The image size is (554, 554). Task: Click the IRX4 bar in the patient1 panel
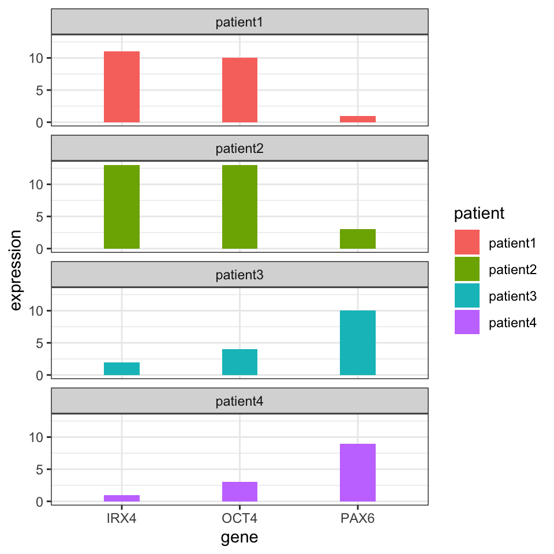coord(122,87)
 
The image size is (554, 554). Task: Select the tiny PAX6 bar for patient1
coord(358,119)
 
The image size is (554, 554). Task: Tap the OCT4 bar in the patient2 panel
coord(239,207)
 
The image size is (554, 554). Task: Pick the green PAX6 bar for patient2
coord(358,239)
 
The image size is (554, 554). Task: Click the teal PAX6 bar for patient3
coord(358,343)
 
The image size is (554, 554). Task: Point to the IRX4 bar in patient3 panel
coord(122,369)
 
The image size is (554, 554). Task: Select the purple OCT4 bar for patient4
coord(239,492)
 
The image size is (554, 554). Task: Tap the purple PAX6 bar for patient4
coord(358,473)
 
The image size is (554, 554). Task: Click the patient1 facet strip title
coord(239,23)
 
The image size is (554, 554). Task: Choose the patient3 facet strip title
coord(239,275)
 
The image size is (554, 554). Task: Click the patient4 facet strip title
coord(239,401)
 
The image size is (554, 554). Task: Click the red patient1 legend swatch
coord(467,242)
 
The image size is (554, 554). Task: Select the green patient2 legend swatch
coord(467,269)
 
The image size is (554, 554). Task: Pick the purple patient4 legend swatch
coord(467,322)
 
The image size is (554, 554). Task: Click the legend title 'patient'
coord(480,214)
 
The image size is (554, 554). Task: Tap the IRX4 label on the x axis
coord(122,518)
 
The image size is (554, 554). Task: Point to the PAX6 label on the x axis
coord(358,518)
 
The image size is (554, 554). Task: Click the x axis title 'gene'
coord(239,538)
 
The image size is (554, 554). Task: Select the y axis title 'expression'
coord(16,270)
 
